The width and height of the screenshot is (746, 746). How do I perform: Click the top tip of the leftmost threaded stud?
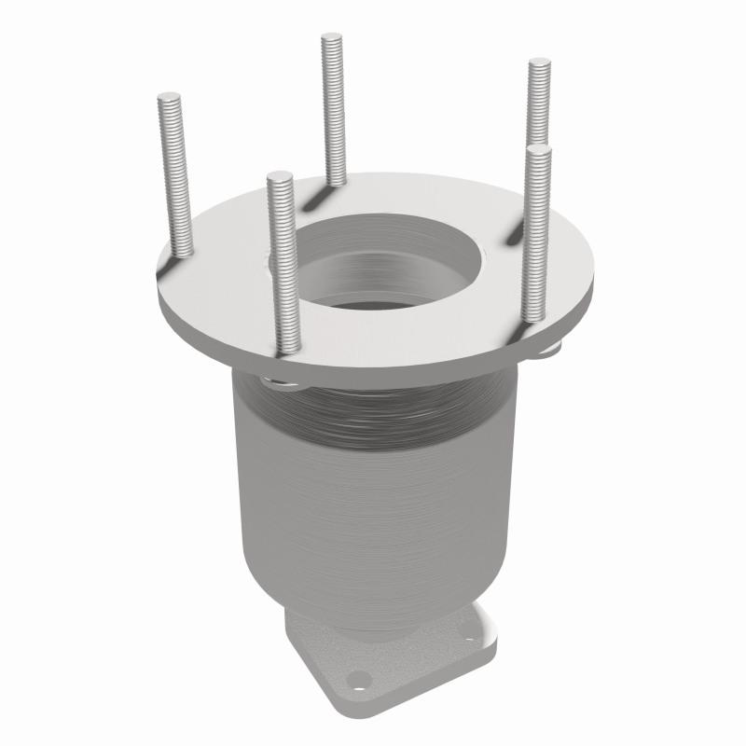(169, 96)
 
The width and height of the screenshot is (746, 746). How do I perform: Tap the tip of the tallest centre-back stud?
(332, 38)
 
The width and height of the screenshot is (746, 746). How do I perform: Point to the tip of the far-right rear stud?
(540, 64)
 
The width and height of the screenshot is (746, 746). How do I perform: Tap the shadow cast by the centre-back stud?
(315, 195)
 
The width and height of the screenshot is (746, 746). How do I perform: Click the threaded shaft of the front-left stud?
(284, 270)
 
